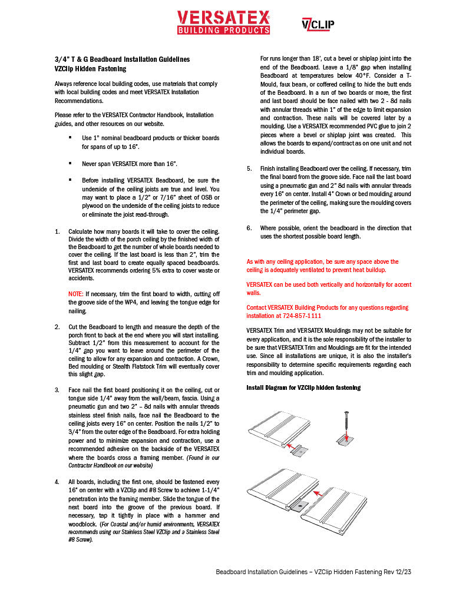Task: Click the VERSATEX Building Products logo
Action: (x=223, y=22)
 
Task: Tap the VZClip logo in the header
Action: (x=318, y=24)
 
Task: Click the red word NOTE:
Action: (x=76, y=293)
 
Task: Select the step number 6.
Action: (x=249, y=228)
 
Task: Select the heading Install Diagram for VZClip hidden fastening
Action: (x=303, y=387)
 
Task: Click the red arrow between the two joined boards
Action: (x=318, y=492)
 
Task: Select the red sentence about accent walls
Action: (x=329, y=289)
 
